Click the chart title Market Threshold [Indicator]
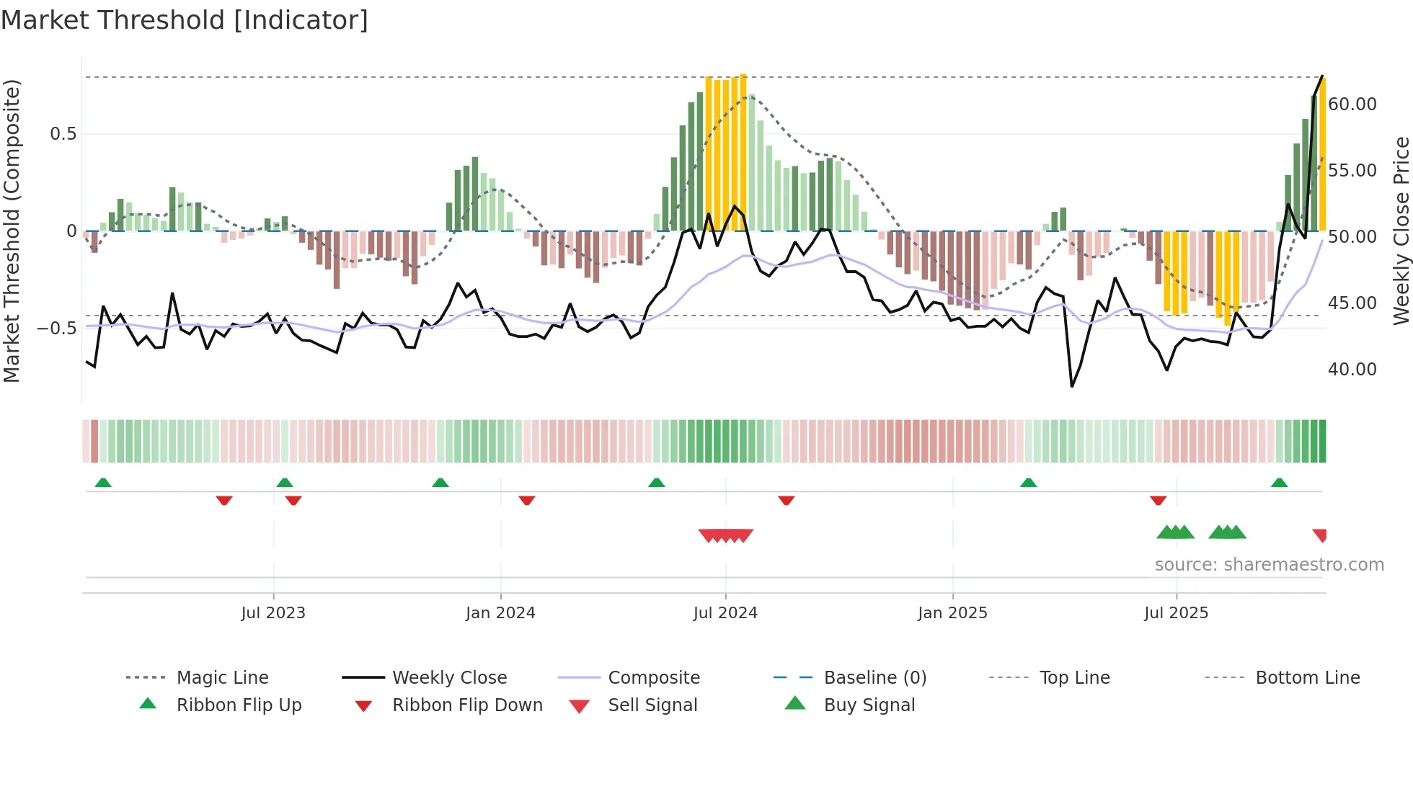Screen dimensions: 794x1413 (x=185, y=20)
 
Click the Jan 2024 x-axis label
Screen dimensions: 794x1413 (x=500, y=613)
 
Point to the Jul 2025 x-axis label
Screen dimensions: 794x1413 (x=1176, y=613)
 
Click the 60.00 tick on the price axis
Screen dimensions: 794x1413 (x=1352, y=104)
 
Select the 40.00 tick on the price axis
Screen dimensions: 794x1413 (x=1352, y=370)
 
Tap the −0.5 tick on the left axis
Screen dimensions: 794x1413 (x=57, y=329)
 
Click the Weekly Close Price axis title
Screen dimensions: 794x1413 (x=1401, y=231)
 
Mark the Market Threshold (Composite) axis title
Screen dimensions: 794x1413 (x=12, y=231)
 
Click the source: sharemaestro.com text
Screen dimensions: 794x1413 (x=1269, y=565)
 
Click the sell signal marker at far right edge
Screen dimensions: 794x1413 (x=1320, y=535)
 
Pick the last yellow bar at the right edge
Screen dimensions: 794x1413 (x=1323, y=155)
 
